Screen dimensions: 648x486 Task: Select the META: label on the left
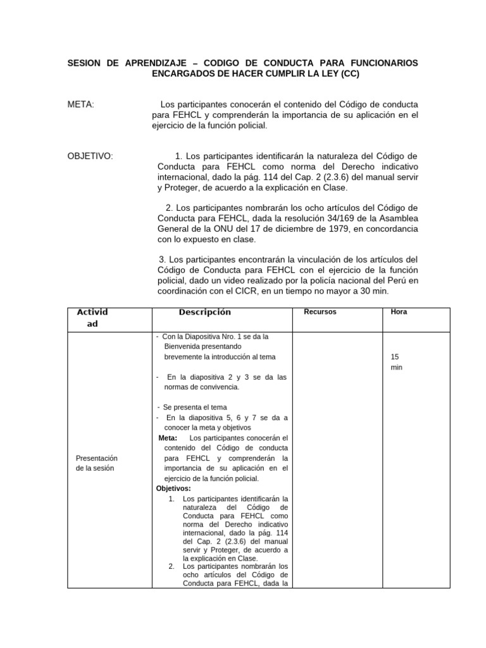coord(80,104)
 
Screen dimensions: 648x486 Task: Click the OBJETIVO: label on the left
coord(90,156)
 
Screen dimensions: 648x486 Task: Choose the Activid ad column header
coord(92,318)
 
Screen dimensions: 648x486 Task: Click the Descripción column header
coord(204,312)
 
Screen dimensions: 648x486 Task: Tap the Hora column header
coord(399,312)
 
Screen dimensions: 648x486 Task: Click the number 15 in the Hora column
coord(395,356)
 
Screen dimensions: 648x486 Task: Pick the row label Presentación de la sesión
coord(97,463)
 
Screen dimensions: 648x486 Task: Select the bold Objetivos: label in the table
coord(173,488)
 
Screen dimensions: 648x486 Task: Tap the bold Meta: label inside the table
coord(168,438)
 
